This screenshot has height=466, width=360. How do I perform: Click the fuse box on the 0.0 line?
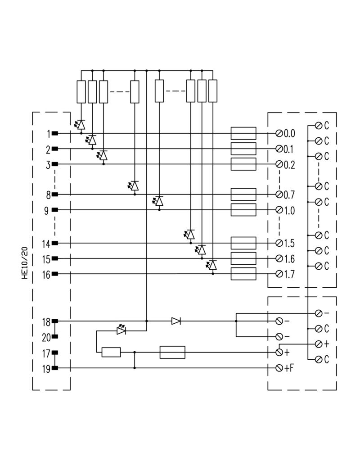pyautogui.click(x=243, y=133)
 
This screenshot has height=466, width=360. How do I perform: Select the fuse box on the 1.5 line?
pyautogui.click(x=243, y=243)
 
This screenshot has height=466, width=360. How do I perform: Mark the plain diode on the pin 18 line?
pyautogui.click(x=176, y=321)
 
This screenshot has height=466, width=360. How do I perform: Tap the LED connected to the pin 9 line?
pyautogui.click(x=158, y=201)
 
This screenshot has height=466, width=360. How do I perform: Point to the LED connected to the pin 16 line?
pyautogui.click(x=212, y=265)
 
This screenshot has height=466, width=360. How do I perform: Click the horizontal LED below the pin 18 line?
pyautogui.click(x=121, y=331)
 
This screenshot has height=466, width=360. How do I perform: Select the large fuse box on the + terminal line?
pyautogui.click(x=172, y=352)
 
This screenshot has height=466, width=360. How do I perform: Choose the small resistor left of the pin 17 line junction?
pyautogui.click(x=111, y=352)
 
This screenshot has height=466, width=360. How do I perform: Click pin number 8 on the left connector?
pyautogui.click(x=48, y=195)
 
